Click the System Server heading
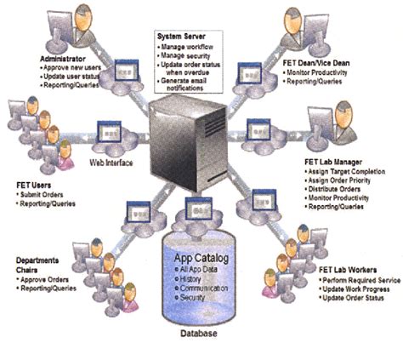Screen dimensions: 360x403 [x=181, y=36]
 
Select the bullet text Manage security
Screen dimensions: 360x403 [x=191, y=54]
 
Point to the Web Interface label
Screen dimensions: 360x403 [x=113, y=160]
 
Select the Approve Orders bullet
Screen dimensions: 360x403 [x=44, y=281]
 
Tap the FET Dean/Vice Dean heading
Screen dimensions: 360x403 [x=329, y=63]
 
